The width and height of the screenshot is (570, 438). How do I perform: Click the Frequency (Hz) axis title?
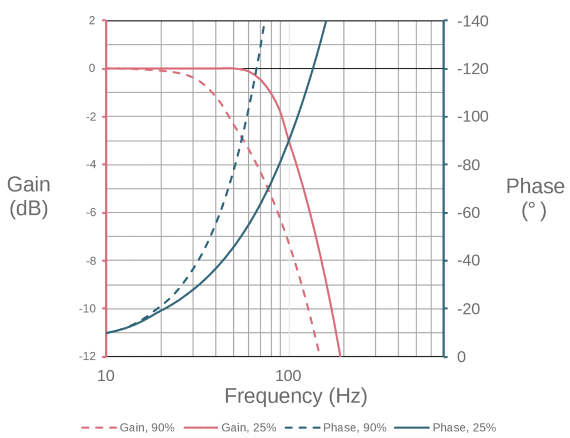tap(296, 396)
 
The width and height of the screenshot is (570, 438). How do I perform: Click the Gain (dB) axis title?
tap(28, 196)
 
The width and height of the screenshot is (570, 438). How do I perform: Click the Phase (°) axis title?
tap(534, 198)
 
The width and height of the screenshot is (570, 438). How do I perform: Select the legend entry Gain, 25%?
tap(249, 428)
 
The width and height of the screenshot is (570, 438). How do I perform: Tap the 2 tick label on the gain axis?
tap(92, 21)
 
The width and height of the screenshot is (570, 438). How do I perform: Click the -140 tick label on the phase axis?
tap(473, 22)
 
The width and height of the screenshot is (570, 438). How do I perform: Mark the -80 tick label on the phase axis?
tap(469, 165)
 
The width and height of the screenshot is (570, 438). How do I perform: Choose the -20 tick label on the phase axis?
tap(469, 309)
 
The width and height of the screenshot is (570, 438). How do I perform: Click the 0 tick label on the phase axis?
tap(461, 357)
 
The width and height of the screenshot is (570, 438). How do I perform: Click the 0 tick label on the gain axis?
tap(92, 69)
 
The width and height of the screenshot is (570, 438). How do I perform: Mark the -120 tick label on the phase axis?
tap(473, 70)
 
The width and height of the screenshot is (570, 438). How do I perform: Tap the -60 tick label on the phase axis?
tap(469, 213)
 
